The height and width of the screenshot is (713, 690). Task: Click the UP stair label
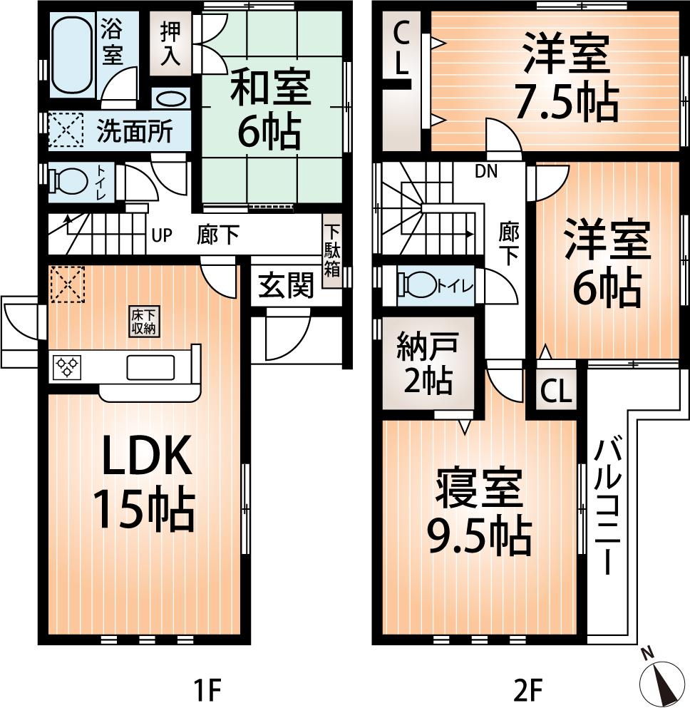tap(162, 235)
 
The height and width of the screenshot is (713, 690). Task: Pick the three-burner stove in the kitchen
tap(68, 367)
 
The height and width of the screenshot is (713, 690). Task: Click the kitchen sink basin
tap(149, 367)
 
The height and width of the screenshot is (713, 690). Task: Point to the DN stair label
tap(487, 171)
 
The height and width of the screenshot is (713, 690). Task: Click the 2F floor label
tap(528, 690)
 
